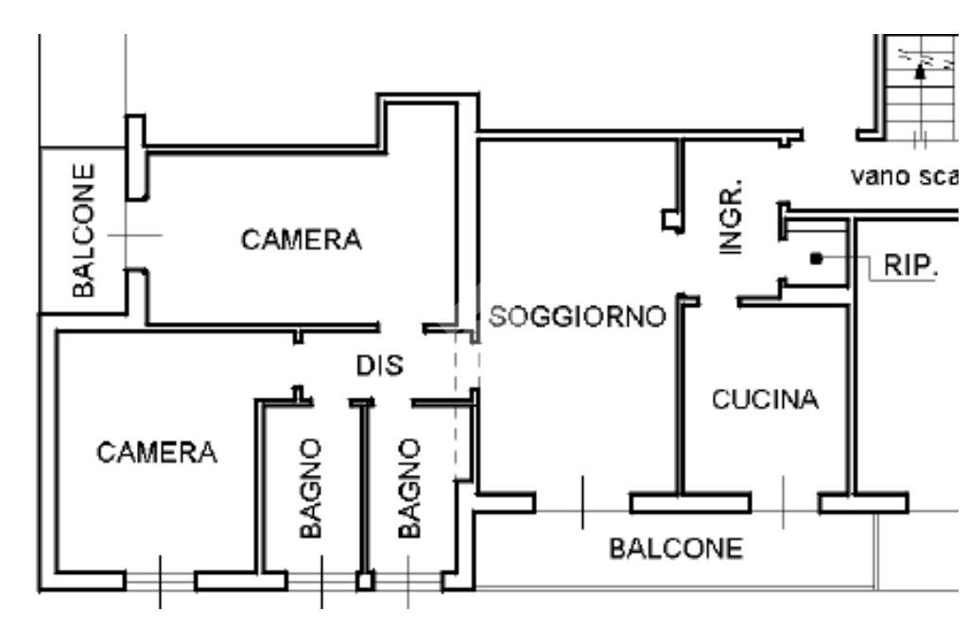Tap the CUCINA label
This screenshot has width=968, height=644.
[x=765, y=400]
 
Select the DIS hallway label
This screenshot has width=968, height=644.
[x=380, y=365]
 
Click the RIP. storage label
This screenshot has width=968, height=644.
[x=910, y=265]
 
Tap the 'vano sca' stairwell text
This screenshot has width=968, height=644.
[x=905, y=176]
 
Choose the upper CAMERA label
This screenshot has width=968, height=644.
[x=302, y=240]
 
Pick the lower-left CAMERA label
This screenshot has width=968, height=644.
[x=157, y=453]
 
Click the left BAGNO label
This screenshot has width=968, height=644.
[x=313, y=489]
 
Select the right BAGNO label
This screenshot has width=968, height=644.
[x=408, y=489]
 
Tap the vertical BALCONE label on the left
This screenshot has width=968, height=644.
[x=85, y=229]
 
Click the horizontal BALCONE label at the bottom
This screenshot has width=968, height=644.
[x=676, y=549]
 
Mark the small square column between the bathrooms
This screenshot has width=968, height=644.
[x=365, y=581]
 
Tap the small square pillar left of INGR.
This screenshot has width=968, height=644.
[x=670, y=221]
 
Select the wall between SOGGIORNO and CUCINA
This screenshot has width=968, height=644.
[x=679, y=397]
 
